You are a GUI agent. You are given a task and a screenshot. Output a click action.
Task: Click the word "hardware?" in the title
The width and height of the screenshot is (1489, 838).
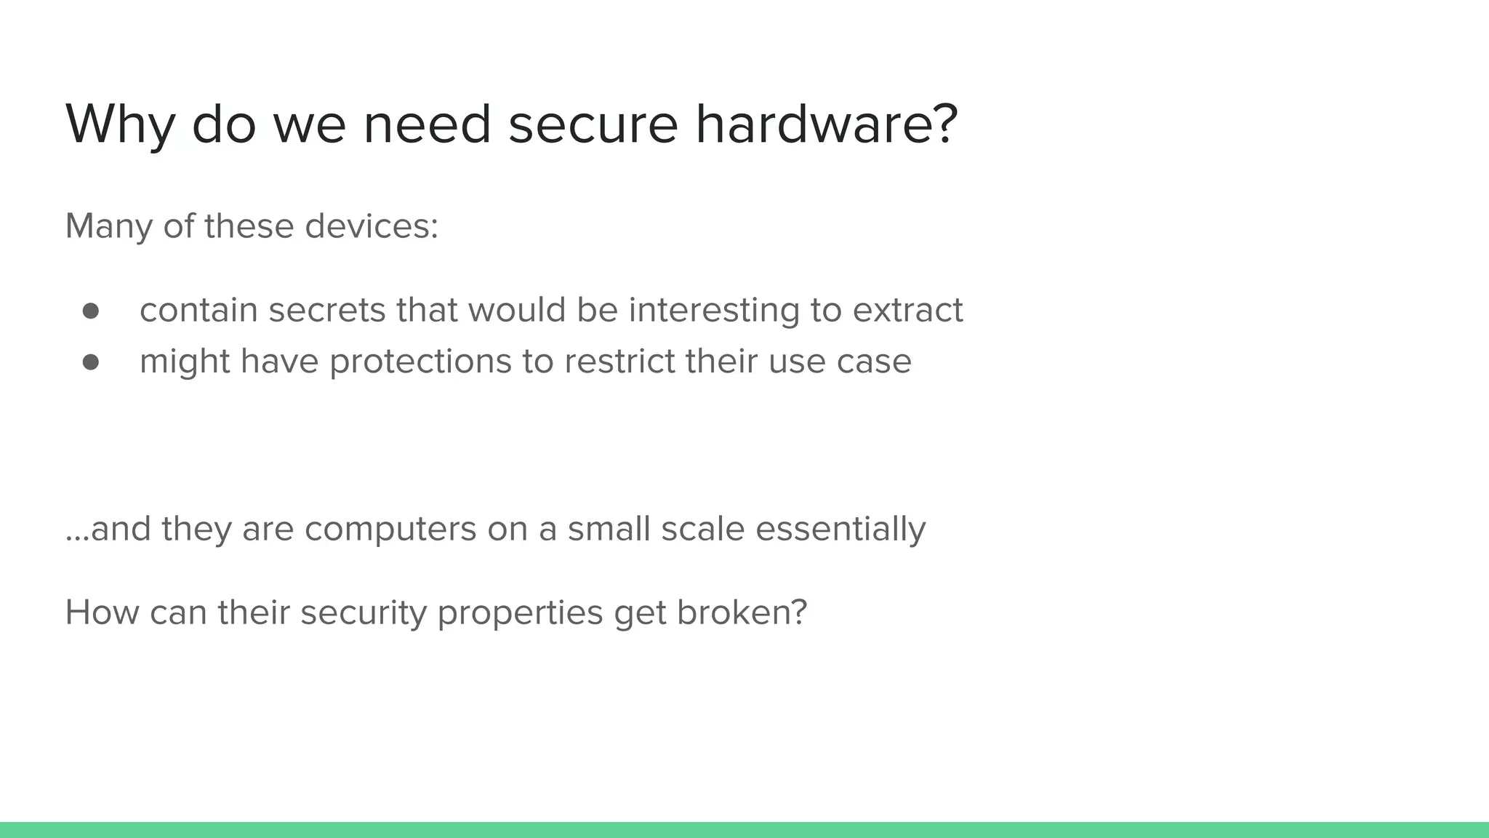click(827, 124)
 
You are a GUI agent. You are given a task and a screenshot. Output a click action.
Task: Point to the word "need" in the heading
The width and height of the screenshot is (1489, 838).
click(427, 124)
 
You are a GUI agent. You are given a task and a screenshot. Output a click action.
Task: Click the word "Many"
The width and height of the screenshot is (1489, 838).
click(108, 227)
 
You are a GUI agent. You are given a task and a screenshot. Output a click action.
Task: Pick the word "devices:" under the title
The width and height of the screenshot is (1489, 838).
click(372, 226)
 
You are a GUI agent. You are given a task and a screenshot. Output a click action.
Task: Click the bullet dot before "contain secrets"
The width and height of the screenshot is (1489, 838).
click(91, 311)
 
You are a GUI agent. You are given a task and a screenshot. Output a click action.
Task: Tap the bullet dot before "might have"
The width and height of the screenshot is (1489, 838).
click(91, 362)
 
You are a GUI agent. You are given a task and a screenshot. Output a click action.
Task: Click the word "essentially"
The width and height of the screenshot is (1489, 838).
click(840, 530)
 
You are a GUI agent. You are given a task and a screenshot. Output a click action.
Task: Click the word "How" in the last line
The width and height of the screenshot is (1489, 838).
click(102, 612)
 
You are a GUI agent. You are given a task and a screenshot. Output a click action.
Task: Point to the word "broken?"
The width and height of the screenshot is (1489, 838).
click(742, 612)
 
